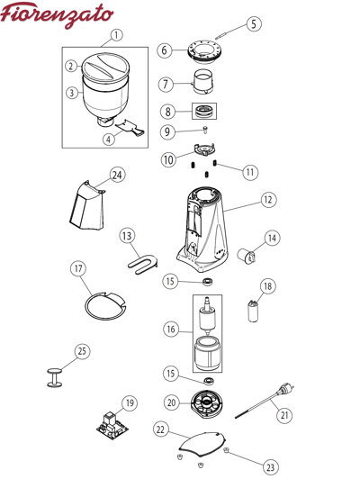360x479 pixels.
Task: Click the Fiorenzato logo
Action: click(x=57, y=14)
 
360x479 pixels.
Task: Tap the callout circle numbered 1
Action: click(x=116, y=35)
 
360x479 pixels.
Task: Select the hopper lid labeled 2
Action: click(x=105, y=68)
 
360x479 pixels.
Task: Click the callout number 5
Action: click(x=254, y=23)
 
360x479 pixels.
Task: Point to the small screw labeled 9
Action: click(x=205, y=130)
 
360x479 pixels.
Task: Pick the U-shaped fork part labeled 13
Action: click(x=143, y=263)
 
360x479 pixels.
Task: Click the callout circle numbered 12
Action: click(x=268, y=200)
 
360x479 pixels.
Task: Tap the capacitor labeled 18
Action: click(x=253, y=312)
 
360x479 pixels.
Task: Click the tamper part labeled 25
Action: click(x=55, y=377)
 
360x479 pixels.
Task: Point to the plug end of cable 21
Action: click(x=286, y=390)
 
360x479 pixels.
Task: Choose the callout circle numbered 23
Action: click(x=271, y=466)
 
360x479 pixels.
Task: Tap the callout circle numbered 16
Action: click(x=171, y=330)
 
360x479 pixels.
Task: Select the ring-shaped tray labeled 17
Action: click(x=105, y=306)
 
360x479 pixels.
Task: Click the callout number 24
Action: click(x=117, y=175)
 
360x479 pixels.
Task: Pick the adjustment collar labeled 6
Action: click(x=205, y=51)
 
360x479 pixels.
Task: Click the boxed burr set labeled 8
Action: click(x=204, y=111)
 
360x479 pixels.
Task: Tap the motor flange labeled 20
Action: click(x=207, y=403)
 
